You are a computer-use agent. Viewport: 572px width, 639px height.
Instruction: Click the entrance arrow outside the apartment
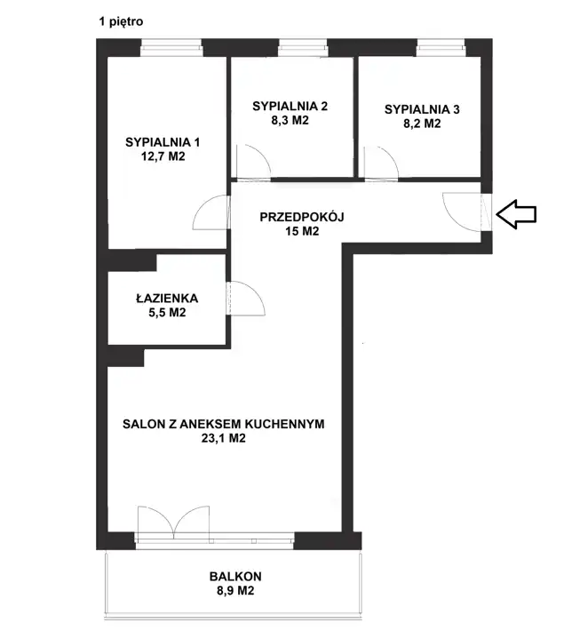516,214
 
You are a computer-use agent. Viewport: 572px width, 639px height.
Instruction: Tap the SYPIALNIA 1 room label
163,142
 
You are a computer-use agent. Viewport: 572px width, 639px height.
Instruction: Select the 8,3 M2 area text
290,120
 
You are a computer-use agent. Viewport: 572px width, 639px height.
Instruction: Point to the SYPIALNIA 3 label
422,109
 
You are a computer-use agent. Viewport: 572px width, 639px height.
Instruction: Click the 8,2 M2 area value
422,124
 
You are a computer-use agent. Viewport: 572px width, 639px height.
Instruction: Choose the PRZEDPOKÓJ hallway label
302,216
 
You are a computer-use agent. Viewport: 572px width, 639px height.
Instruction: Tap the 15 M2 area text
302,231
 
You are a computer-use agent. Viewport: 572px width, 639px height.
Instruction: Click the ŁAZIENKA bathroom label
167,298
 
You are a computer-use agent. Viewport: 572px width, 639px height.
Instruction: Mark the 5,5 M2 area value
167,313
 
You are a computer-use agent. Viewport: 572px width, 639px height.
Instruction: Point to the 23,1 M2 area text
224,438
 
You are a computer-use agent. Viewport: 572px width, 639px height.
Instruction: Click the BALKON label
235,576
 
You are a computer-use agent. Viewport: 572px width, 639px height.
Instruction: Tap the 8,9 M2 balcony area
235,591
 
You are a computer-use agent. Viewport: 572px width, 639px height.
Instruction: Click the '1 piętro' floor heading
122,21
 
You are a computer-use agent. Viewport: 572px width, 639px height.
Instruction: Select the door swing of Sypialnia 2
261,154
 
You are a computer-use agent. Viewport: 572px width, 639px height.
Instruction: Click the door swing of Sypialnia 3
388,154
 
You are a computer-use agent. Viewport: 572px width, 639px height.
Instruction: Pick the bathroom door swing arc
256,292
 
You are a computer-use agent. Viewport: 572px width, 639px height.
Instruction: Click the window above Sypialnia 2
303,49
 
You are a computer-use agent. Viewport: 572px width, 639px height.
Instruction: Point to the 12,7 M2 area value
163,156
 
